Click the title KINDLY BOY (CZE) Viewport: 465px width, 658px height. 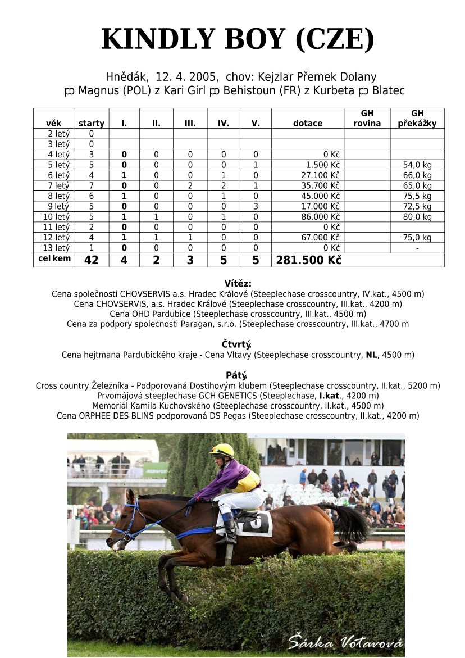[238, 40]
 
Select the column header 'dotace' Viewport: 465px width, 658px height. [307, 124]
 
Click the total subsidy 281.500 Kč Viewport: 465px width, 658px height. [308, 260]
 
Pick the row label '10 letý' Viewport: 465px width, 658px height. [54, 217]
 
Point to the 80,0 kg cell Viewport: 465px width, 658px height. [417, 217]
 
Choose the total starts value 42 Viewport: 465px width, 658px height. [91, 260]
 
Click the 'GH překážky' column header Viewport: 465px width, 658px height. [417, 119]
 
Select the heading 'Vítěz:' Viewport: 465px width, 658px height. [238, 284]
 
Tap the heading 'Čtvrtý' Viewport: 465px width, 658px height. [236, 344]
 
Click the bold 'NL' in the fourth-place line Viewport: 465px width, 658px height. [371, 355]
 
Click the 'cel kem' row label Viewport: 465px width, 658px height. [54, 259]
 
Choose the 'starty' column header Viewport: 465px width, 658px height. [91, 124]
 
